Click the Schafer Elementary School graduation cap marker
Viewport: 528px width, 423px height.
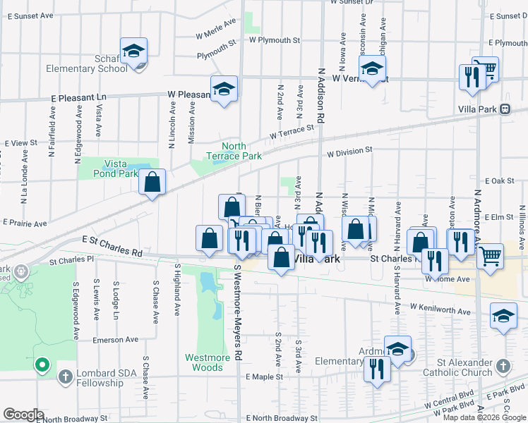click(133, 51)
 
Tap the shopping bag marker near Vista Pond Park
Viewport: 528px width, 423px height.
click(152, 183)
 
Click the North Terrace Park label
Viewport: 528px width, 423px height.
click(234, 151)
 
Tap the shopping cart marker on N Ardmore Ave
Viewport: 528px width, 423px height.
click(490, 257)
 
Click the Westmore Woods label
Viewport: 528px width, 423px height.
click(208, 362)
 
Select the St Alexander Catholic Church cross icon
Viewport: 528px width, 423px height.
click(502, 366)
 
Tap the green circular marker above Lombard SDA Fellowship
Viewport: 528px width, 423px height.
click(42, 364)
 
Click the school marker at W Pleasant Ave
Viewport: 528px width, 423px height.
click(224, 90)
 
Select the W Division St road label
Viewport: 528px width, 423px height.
click(349, 151)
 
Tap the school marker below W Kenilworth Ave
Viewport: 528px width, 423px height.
click(503, 318)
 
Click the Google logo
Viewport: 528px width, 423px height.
click(23, 415)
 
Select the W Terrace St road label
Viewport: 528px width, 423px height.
click(292, 132)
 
